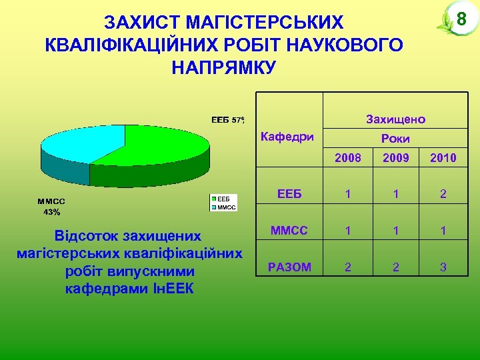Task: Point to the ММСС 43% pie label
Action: [51, 207]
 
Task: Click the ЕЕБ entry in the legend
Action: [223, 199]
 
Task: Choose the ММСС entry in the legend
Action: [225, 207]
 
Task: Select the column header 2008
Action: [348, 158]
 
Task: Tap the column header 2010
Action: [443, 158]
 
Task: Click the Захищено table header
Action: [395, 120]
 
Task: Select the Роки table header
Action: [395, 139]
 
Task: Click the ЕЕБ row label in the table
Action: [289, 195]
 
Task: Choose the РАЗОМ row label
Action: [289, 267]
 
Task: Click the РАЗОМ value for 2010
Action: [443, 267]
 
